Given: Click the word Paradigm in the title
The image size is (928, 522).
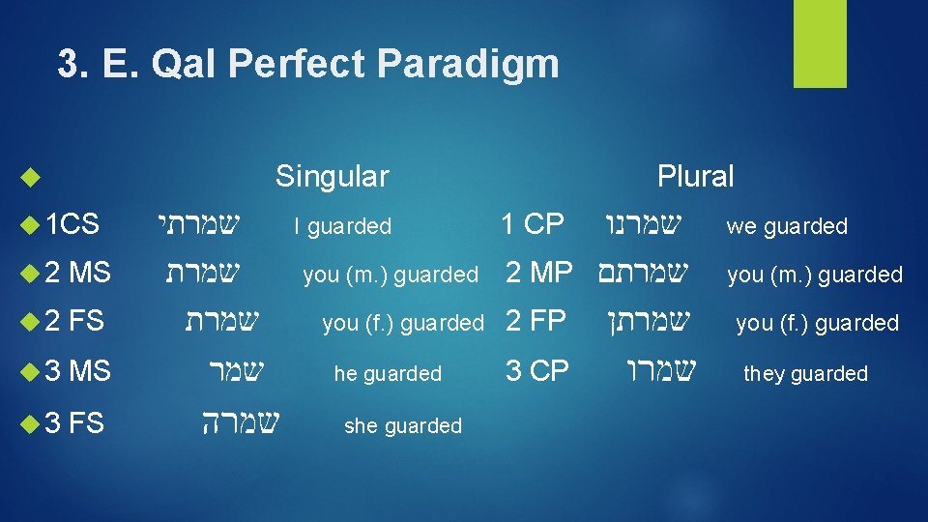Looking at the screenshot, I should (470, 65).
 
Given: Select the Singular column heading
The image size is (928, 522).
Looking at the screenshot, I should (332, 176).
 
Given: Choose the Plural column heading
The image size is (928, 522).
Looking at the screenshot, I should (695, 176).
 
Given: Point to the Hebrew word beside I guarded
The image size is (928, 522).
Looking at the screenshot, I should (197, 225).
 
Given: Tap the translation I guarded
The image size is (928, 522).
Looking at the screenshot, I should (342, 226).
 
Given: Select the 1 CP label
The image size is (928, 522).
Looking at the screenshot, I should (532, 224).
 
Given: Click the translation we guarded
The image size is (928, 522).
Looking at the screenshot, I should (786, 226).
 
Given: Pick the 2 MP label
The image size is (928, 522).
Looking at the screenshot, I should (539, 273).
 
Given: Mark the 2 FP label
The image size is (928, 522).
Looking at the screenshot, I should (535, 321).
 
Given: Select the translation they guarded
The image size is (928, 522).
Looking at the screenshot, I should (805, 373).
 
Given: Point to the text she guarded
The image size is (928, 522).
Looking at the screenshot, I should (402, 425).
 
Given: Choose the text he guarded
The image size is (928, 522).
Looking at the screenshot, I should (387, 373).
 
